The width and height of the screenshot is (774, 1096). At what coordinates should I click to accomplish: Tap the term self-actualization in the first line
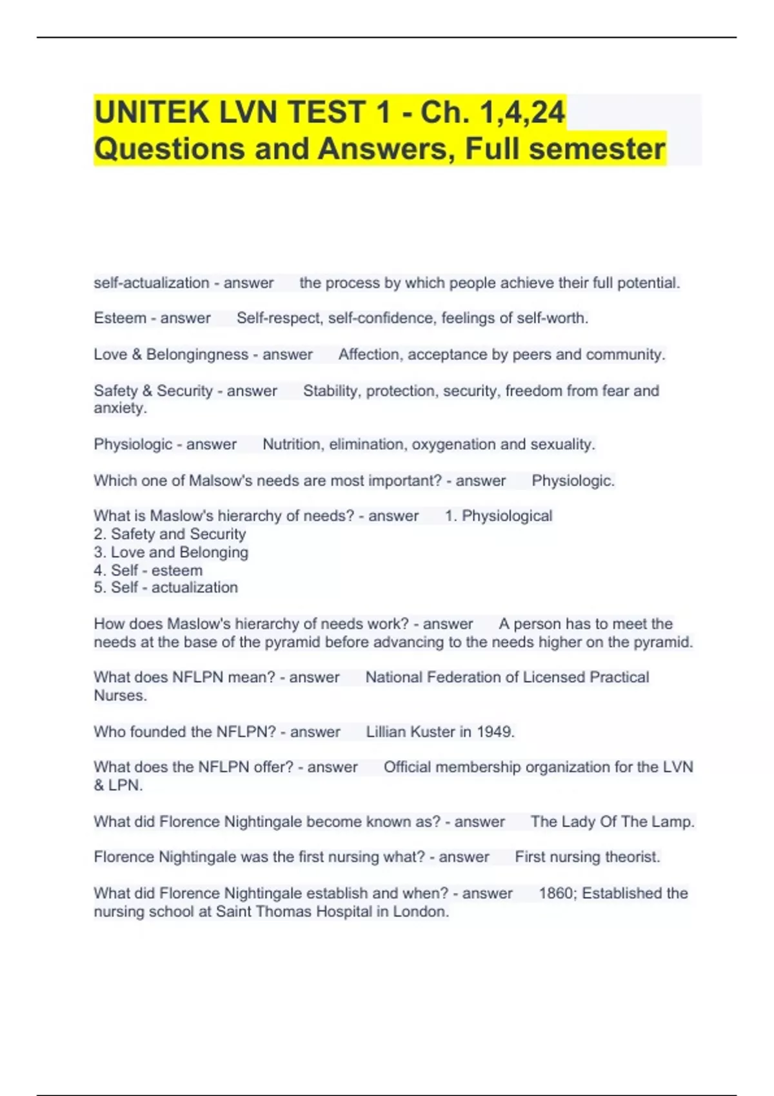(152, 283)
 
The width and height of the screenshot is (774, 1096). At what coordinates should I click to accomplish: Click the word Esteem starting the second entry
(120, 318)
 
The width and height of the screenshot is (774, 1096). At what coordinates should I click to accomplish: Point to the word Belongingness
(197, 355)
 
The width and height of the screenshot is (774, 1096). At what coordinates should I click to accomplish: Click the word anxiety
(120, 408)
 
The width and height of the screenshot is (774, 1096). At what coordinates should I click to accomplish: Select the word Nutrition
(291, 444)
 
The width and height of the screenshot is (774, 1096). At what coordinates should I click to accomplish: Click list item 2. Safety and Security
(170, 534)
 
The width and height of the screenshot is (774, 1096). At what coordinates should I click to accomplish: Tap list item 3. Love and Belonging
(171, 553)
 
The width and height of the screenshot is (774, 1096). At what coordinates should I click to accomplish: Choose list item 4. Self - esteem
(148, 571)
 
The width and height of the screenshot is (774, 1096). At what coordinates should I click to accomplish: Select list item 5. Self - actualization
(166, 587)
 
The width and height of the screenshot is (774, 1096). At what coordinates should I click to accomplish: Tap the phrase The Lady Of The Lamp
(612, 822)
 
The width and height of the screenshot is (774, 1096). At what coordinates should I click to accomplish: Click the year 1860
(555, 894)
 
